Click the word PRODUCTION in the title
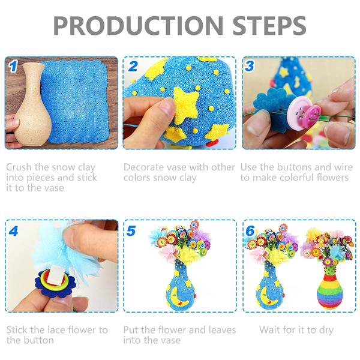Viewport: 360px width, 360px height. click(x=138, y=25)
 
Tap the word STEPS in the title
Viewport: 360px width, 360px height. click(x=269, y=25)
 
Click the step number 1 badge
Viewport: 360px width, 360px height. click(x=13, y=67)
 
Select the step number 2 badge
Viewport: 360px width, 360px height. click(x=133, y=67)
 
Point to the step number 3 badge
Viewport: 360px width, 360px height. click(x=250, y=66)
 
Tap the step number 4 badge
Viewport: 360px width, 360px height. click(x=13, y=231)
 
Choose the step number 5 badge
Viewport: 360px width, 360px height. click(x=131, y=231)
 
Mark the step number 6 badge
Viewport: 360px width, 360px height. click(x=250, y=231)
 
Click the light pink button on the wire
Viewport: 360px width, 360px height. click(x=298, y=113)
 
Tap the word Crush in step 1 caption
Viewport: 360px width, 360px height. click(x=19, y=167)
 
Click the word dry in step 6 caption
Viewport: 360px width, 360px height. click(x=326, y=331)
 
